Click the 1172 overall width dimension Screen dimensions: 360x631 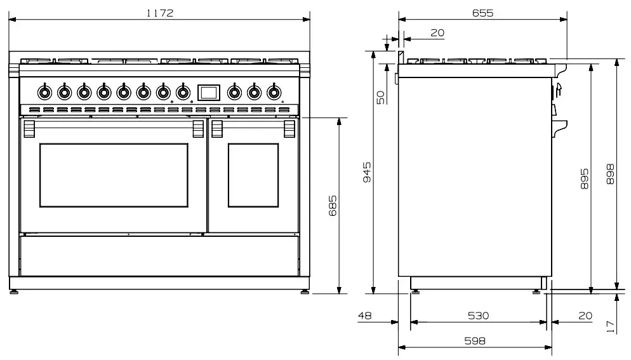[x=159, y=13]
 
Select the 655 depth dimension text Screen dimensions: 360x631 [x=482, y=13]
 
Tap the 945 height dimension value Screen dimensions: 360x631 [x=366, y=171]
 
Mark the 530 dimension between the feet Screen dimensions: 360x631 [x=478, y=316]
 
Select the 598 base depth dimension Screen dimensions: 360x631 [x=474, y=341]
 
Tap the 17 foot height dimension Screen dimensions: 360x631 [x=611, y=326]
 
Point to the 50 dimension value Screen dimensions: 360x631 [x=380, y=97]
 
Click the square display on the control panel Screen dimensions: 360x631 [x=208, y=92]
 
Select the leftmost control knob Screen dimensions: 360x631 [x=44, y=93]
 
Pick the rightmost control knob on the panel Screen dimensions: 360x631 [x=274, y=93]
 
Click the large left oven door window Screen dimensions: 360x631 [x=114, y=175]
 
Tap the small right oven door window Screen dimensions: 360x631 [x=253, y=175]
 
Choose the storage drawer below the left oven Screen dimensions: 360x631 [x=159, y=256]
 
